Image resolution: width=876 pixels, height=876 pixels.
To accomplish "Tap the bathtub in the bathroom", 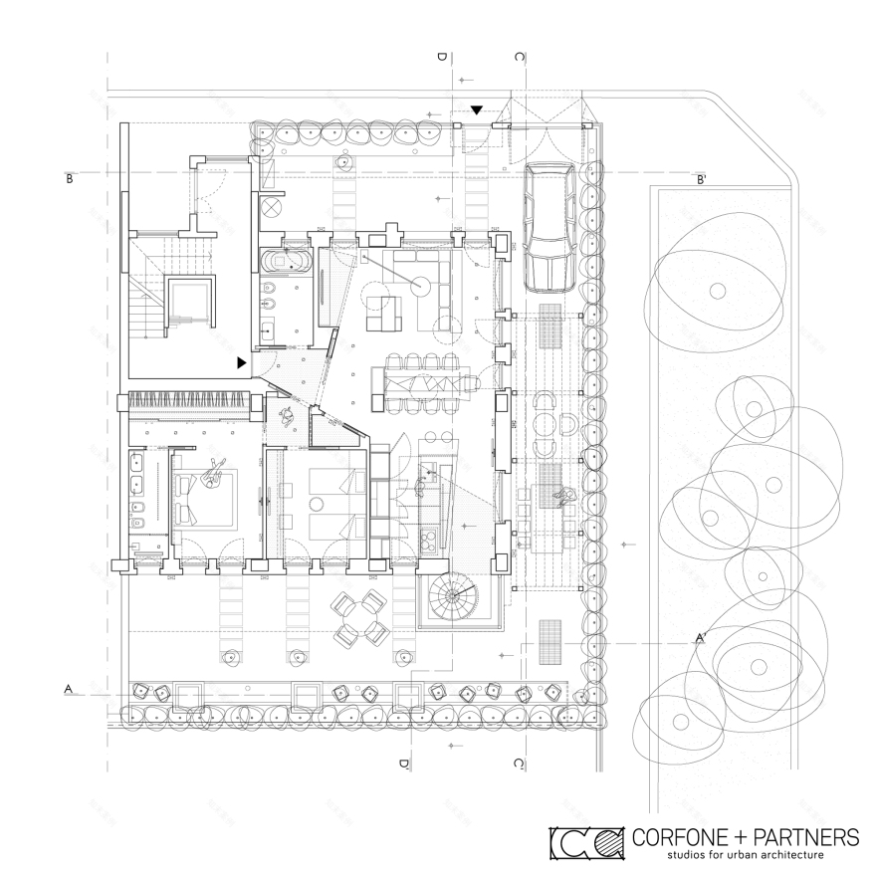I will pyautogui.click(x=289, y=262).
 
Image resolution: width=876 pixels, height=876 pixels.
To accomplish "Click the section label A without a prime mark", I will pyautogui.click(x=69, y=688).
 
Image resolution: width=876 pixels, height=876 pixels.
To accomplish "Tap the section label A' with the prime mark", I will pyautogui.click(x=701, y=638).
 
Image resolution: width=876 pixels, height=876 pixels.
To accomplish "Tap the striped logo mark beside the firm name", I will pyautogui.click(x=584, y=842).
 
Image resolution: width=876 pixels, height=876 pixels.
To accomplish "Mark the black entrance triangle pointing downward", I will pyautogui.click(x=477, y=109).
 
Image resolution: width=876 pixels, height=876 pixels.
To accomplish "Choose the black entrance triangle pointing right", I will pyautogui.click(x=242, y=363).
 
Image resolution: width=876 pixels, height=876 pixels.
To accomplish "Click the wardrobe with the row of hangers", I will pyautogui.click(x=188, y=403).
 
